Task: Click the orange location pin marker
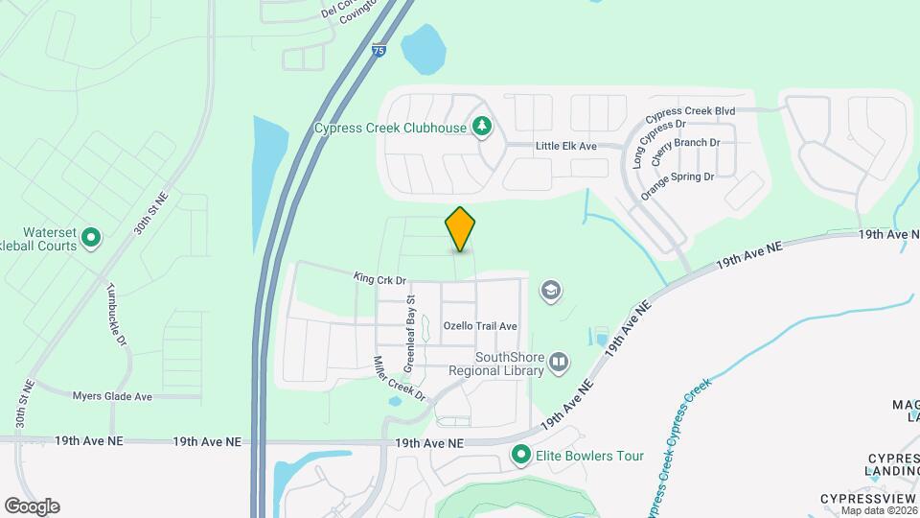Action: pyautogui.click(x=460, y=229)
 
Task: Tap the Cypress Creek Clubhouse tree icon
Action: pyautogui.click(x=483, y=127)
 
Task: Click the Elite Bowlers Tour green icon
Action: pyautogui.click(x=521, y=455)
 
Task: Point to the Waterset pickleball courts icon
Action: pyautogui.click(x=91, y=236)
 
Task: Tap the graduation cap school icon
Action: pyautogui.click(x=551, y=290)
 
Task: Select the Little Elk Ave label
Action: pyautogui.click(x=565, y=146)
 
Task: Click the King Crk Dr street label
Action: pyautogui.click(x=380, y=279)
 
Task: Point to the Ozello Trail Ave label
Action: pyautogui.click(x=480, y=326)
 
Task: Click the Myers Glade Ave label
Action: pyautogui.click(x=112, y=395)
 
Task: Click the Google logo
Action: pyautogui.click(x=32, y=506)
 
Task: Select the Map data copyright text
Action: pyautogui.click(x=879, y=510)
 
